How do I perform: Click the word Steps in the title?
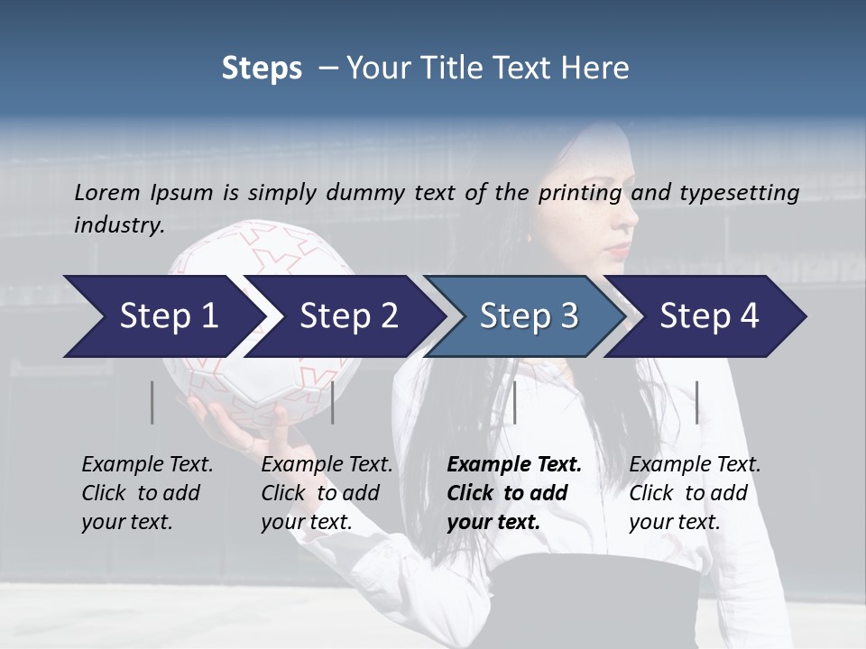coord(262,69)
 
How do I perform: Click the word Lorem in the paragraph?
coord(106,192)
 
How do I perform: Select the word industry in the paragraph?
coord(119,225)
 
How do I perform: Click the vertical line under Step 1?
coord(152,402)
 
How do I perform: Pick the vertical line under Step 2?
coord(333,402)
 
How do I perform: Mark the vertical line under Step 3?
coord(515,402)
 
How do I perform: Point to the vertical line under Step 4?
coord(696,402)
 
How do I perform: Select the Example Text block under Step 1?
coord(147,493)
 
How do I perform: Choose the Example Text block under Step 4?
coord(695,493)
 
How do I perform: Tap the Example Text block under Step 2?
coord(327,493)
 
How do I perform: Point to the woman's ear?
coord(530,236)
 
